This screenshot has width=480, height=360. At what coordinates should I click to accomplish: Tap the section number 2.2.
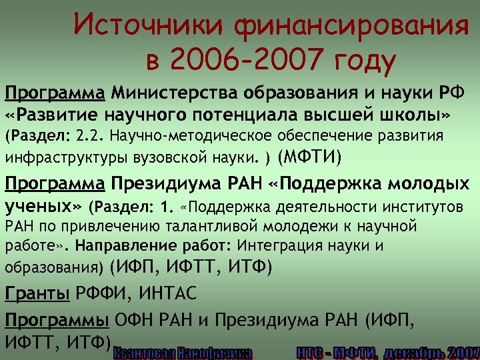pyautogui.click(x=90, y=137)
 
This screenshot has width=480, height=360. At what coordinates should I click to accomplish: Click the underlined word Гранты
pyautogui.click(x=38, y=292)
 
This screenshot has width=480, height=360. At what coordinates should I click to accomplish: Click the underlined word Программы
pyautogui.click(x=57, y=319)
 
